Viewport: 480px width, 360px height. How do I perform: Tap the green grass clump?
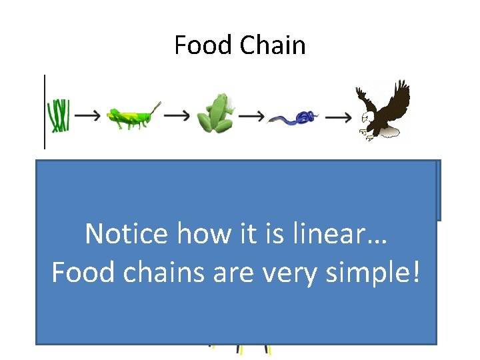coord(59,115)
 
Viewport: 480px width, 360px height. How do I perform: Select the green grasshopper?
coord(132,117)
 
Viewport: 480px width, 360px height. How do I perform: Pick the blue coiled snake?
coord(293,119)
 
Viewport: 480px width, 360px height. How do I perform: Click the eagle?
coord(382,109)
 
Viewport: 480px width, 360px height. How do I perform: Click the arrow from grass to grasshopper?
coord(87,115)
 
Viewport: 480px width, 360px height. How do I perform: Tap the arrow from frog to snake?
coord(251,116)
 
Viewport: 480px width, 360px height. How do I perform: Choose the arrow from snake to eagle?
coord(339,117)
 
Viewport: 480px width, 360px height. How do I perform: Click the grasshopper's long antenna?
coord(154,107)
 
